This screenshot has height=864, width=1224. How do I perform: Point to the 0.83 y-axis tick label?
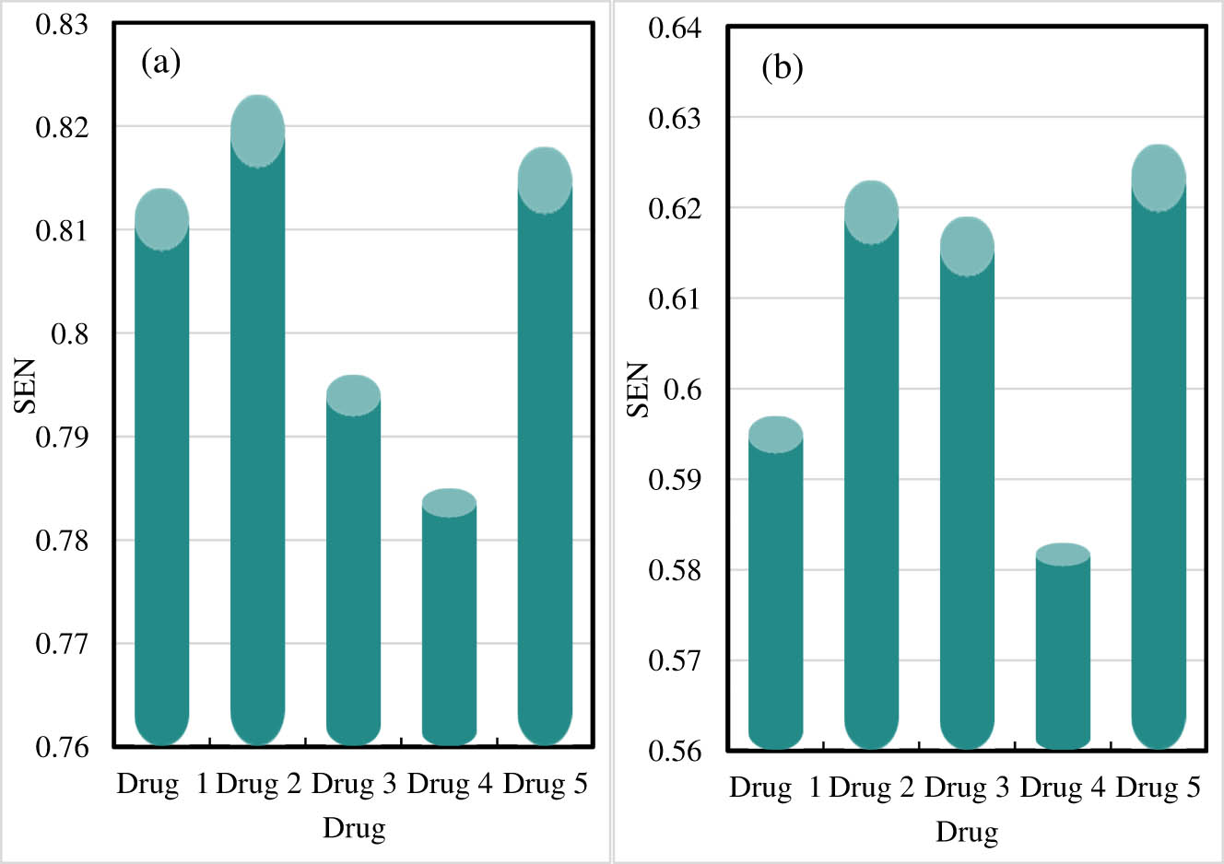tap(62, 24)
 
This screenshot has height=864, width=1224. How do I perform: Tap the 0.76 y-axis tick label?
tap(62, 747)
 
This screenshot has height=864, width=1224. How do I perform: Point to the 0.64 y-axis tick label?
tap(675, 29)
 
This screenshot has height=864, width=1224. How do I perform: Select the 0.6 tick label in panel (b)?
tap(682, 390)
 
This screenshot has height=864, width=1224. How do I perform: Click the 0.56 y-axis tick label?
tap(675, 751)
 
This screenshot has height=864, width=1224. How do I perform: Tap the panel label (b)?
tap(782, 67)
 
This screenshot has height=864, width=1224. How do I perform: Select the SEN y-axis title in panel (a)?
tap(25, 386)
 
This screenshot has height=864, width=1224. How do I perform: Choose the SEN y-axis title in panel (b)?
tap(638, 390)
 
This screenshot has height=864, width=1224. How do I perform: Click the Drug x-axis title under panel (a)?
tap(353, 828)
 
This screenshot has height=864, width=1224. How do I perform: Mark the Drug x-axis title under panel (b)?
tap(967, 832)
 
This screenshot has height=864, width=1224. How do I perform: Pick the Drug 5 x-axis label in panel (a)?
tap(545, 784)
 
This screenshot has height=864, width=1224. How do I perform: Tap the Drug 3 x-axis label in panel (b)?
tap(967, 788)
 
